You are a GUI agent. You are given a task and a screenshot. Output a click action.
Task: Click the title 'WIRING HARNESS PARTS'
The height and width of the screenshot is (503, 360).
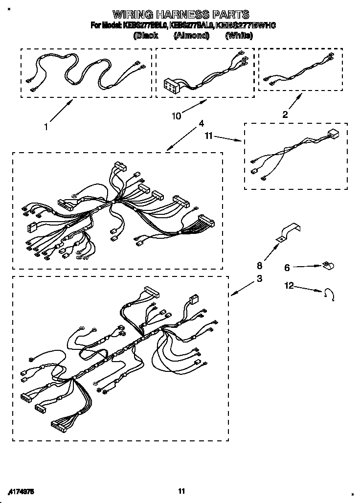point(181,15)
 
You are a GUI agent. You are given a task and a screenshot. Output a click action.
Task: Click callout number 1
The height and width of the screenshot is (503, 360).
point(45,127)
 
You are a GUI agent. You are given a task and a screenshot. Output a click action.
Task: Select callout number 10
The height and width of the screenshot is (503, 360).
point(176,116)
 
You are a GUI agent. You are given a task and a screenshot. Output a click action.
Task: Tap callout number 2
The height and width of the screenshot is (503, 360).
point(285,114)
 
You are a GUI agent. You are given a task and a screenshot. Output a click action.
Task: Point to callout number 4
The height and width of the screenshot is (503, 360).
point(202,124)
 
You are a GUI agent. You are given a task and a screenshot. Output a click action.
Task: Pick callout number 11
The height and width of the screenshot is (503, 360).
point(209,137)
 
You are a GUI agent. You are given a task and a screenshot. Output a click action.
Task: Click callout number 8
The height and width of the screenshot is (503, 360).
point(260,266)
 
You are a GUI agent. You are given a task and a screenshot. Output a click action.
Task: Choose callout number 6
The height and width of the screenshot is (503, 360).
point(287,268)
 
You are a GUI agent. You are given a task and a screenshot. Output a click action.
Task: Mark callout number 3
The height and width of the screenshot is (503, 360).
point(259,279)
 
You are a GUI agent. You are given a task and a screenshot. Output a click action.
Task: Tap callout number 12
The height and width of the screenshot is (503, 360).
point(290,285)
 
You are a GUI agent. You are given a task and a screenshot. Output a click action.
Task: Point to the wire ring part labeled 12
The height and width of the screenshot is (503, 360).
point(329,294)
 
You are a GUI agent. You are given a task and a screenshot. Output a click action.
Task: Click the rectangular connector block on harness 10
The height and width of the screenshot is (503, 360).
point(174,86)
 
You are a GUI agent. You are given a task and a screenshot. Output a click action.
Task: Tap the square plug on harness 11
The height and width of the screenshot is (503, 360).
point(333,134)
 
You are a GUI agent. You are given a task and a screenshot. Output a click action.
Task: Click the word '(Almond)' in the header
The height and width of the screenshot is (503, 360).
point(191,35)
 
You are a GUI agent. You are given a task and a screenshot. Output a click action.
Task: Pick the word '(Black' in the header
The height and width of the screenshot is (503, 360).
point(145,35)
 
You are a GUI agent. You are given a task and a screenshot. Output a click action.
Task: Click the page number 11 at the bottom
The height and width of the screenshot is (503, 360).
point(181,491)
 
